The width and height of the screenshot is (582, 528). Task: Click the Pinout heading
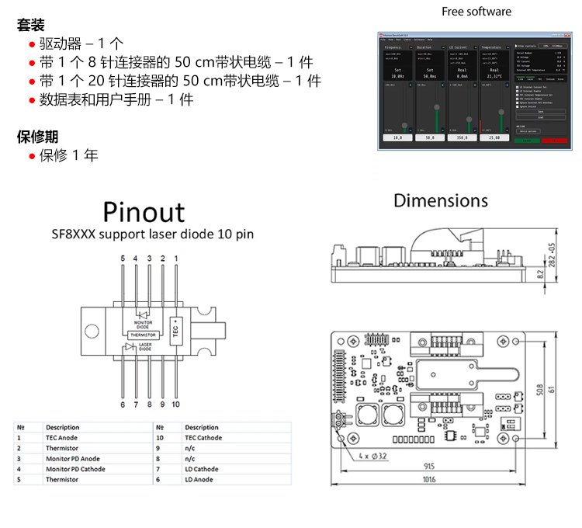[144, 212]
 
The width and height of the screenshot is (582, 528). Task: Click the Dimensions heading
[440, 200]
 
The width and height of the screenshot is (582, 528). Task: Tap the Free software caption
[476, 12]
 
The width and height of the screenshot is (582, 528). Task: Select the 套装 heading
[30, 25]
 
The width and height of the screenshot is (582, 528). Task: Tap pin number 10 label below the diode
[175, 405]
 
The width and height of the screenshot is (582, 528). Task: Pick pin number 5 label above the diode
[123, 257]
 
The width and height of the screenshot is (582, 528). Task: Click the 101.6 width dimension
[429, 479]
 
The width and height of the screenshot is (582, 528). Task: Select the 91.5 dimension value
[429, 466]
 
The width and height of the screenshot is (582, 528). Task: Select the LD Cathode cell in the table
[201, 469]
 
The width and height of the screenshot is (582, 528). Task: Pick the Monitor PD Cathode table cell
[75, 469]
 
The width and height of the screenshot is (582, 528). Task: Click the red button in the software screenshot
[552, 141]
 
